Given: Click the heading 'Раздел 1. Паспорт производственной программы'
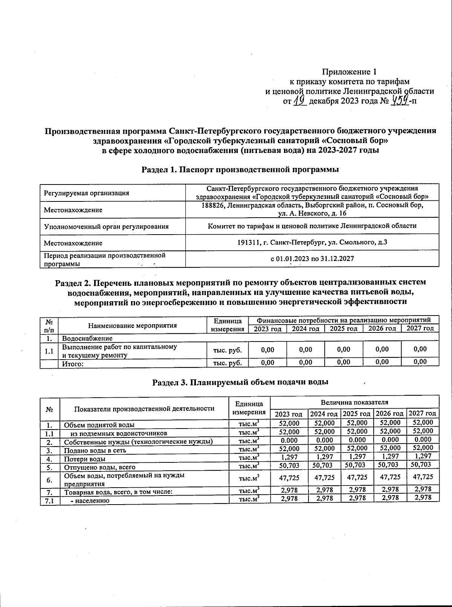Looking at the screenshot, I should tap(240, 169).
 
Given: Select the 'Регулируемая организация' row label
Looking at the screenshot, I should tap(87, 193).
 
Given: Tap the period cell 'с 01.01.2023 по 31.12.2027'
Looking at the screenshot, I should tap(312, 259).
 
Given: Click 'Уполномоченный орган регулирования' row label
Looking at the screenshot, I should tap(106, 226).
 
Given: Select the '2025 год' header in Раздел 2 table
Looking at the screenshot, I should tap(343, 329).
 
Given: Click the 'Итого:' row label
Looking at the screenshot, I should tap(72, 364).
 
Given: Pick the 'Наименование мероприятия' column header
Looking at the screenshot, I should tap(133, 325).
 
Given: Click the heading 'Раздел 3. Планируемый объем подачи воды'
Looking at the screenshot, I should tap(240, 382).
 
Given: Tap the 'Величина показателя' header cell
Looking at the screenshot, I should tap(354, 402).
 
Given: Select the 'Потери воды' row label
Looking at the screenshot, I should tap(85, 459).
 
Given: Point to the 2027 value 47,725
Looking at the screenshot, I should tap(423, 477).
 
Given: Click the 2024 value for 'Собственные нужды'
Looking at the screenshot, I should tap(324, 440).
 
